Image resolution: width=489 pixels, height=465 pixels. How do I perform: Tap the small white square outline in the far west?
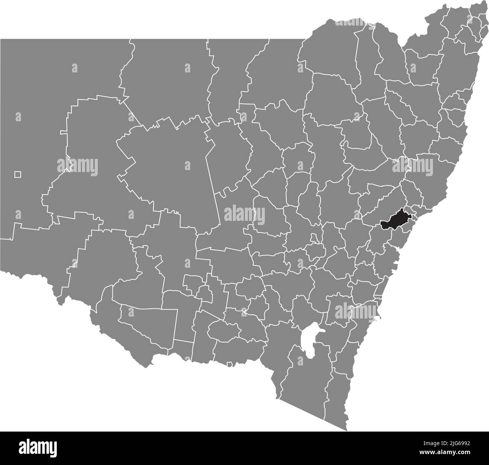click(18, 174)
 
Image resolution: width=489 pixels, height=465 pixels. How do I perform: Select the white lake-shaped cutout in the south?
click(311, 338)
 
